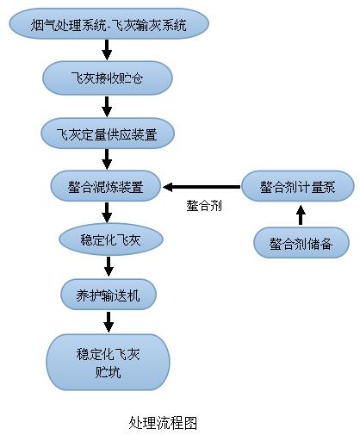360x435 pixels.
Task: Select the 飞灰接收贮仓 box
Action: click(108, 78)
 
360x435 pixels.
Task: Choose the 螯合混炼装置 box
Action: click(108, 185)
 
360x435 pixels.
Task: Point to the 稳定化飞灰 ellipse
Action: click(108, 239)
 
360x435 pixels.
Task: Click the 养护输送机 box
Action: click(108, 295)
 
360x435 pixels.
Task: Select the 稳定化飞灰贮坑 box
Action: click(108, 362)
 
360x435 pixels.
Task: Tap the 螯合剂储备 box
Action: click(301, 242)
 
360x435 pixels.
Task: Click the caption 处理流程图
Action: click(164, 422)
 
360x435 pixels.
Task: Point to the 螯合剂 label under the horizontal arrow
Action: click(204, 207)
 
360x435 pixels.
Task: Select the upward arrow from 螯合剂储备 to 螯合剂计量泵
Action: click(300, 214)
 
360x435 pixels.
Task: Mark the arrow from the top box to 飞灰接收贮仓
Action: click(108, 51)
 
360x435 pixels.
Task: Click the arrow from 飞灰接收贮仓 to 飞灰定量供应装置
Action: click(108, 105)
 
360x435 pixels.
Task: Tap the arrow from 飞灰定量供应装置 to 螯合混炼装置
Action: click(108, 159)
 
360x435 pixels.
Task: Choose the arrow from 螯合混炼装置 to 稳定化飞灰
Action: click(108, 212)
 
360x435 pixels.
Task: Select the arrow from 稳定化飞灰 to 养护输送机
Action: click(108, 267)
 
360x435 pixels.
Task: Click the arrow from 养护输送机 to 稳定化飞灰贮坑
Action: click(108, 321)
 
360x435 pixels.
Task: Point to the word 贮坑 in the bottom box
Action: click(108, 371)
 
